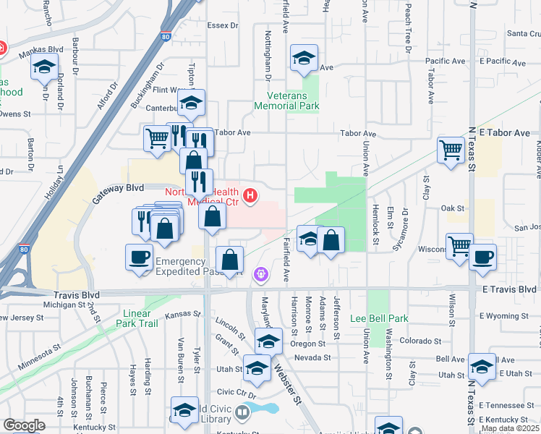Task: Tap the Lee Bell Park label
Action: point(379,318)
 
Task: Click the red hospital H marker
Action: point(251,195)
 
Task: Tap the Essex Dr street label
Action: point(222,25)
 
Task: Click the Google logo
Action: point(24,425)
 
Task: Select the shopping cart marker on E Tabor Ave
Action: point(451,150)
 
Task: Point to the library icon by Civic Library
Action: point(242,413)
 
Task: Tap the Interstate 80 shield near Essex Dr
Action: point(166,35)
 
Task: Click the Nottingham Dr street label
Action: point(268,55)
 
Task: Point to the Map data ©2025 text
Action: point(511,428)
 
